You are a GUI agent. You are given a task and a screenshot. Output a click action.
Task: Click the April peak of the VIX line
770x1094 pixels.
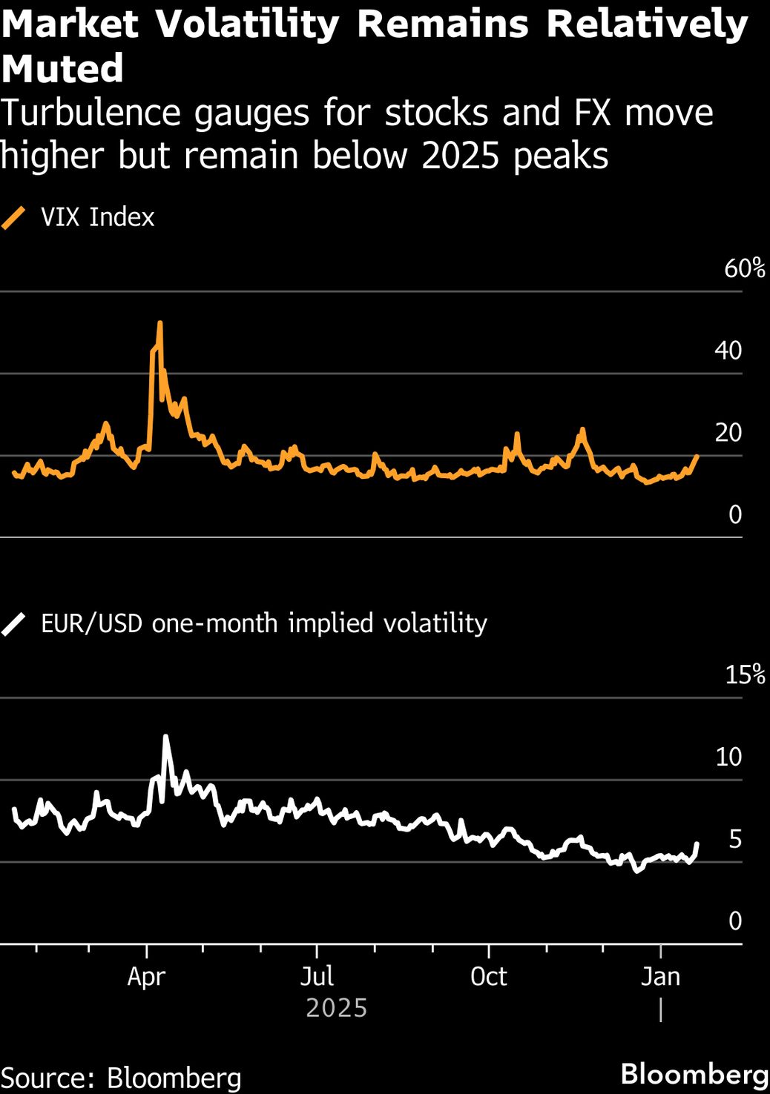(x=159, y=323)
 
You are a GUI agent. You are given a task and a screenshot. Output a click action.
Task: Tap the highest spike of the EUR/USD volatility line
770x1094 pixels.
(x=165, y=737)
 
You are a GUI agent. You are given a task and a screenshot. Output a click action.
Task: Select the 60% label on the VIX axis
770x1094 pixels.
(x=744, y=268)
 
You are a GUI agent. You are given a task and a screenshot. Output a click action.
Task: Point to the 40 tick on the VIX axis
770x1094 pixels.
(x=728, y=350)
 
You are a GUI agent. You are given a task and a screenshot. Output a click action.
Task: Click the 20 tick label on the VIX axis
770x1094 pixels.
(x=728, y=432)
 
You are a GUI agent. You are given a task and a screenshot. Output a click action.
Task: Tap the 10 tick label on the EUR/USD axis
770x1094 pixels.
(x=728, y=757)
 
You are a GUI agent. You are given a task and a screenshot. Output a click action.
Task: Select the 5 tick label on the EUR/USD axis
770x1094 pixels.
(x=734, y=839)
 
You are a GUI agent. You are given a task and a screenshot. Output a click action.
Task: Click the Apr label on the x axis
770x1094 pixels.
(x=146, y=976)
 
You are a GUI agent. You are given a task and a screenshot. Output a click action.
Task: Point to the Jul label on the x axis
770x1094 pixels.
(x=317, y=976)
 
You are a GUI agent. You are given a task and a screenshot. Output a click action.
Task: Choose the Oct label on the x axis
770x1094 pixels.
(x=488, y=976)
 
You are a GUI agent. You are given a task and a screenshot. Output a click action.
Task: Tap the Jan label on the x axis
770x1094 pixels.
(x=660, y=976)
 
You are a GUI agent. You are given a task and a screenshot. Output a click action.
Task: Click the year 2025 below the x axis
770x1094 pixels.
(x=337, y=1008)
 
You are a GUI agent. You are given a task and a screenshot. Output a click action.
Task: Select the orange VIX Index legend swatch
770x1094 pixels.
(x=13, y=218)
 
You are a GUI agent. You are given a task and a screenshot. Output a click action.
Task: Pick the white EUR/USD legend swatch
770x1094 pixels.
(x=13, y=624)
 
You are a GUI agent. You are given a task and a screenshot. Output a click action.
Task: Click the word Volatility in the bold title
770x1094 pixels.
(x=247, y=24)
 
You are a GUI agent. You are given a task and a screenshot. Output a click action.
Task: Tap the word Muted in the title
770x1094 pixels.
(x=62, y=69)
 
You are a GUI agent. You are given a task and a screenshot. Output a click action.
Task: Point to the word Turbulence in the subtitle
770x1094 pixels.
(x=89, y=113)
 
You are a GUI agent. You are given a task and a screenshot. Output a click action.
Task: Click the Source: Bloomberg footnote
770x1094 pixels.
(x=121, y=1077)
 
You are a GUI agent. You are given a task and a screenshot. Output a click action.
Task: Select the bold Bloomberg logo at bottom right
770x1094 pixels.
(x=694, y=1074)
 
